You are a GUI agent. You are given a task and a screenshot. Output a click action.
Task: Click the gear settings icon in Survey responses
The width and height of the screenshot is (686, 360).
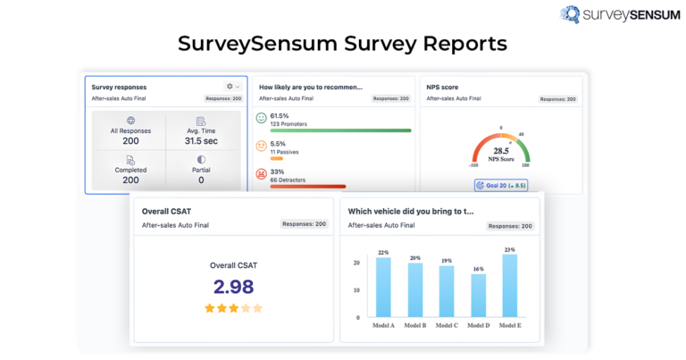[x=230, y=87]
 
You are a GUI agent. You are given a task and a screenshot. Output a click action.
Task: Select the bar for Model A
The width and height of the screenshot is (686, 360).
[x=383, y=287]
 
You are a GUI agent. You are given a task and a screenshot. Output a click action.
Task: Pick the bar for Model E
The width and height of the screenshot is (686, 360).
[x=510, y=285]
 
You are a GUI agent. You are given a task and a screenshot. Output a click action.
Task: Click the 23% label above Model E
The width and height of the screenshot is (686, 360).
[x=510, y=249]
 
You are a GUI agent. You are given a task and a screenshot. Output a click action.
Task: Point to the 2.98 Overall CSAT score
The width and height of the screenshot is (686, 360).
[x=233, y=287]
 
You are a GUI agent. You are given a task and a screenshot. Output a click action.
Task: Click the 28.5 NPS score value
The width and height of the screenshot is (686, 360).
[x=500, y=152]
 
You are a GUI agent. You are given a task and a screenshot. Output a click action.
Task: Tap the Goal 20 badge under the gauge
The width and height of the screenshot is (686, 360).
[x=500, y=185]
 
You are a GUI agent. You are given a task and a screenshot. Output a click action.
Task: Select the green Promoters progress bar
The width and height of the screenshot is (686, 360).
[x=340, y=130]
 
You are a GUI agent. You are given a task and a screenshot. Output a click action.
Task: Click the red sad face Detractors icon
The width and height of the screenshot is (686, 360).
[x=262, y=174]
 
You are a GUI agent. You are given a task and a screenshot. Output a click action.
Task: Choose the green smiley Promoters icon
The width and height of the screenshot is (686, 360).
[x=262, y=118]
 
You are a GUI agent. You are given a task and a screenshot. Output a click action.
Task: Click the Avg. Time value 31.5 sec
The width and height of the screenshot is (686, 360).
[x=200, y=141]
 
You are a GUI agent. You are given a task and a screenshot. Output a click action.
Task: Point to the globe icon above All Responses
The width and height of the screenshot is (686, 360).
[x=130, y=121]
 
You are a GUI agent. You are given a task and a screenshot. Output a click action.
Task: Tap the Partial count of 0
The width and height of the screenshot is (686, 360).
[x=200, y=180]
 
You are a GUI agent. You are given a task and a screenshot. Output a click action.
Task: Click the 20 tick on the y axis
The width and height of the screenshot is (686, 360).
[x=356, y=263]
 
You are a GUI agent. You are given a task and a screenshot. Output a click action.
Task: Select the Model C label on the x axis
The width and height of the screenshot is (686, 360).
[x=447, y=326]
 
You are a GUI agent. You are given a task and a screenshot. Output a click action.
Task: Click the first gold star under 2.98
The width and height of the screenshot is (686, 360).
[x=210, y=308]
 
